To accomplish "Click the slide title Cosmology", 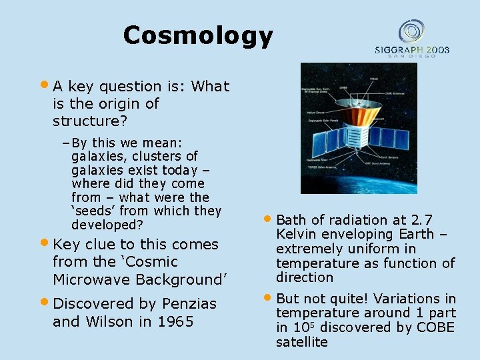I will pos(198,35).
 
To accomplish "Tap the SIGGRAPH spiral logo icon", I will pos(411,32).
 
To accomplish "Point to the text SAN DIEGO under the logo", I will pos(411,56).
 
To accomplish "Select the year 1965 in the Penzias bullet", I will pos(176,322).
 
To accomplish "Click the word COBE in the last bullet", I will pos(435,327).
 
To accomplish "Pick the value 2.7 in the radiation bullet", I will pos(422,220).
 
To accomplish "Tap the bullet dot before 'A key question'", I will pos(45,85).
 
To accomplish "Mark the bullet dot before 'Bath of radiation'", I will pos(267,219).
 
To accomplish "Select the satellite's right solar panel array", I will pos(389,137).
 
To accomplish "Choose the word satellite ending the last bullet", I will pos(302,342).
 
